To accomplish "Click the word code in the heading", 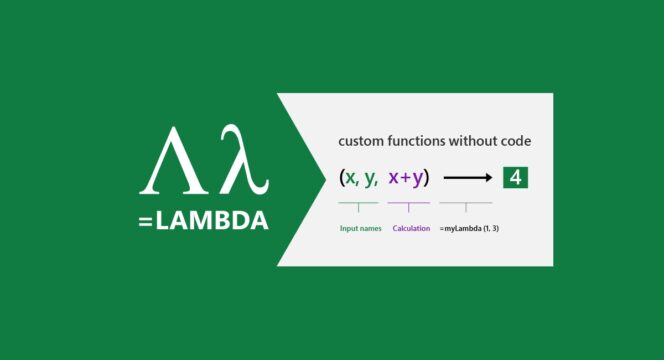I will tap(537, 142).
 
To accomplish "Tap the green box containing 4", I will tap(517, 178).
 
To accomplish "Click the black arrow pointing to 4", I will tap(467, 179).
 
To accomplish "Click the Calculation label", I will tap(411, 228).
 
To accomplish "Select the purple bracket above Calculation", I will tap(409, 205).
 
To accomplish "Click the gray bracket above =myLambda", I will tap(464, 205).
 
